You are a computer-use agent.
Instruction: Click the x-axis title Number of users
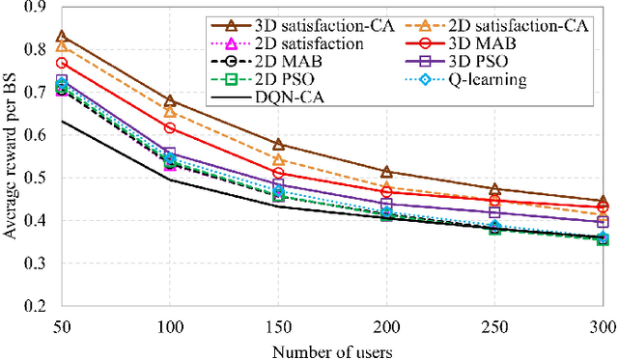click(x=331, y=347)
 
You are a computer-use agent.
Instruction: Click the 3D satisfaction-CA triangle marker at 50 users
click(x=62, y=37)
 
